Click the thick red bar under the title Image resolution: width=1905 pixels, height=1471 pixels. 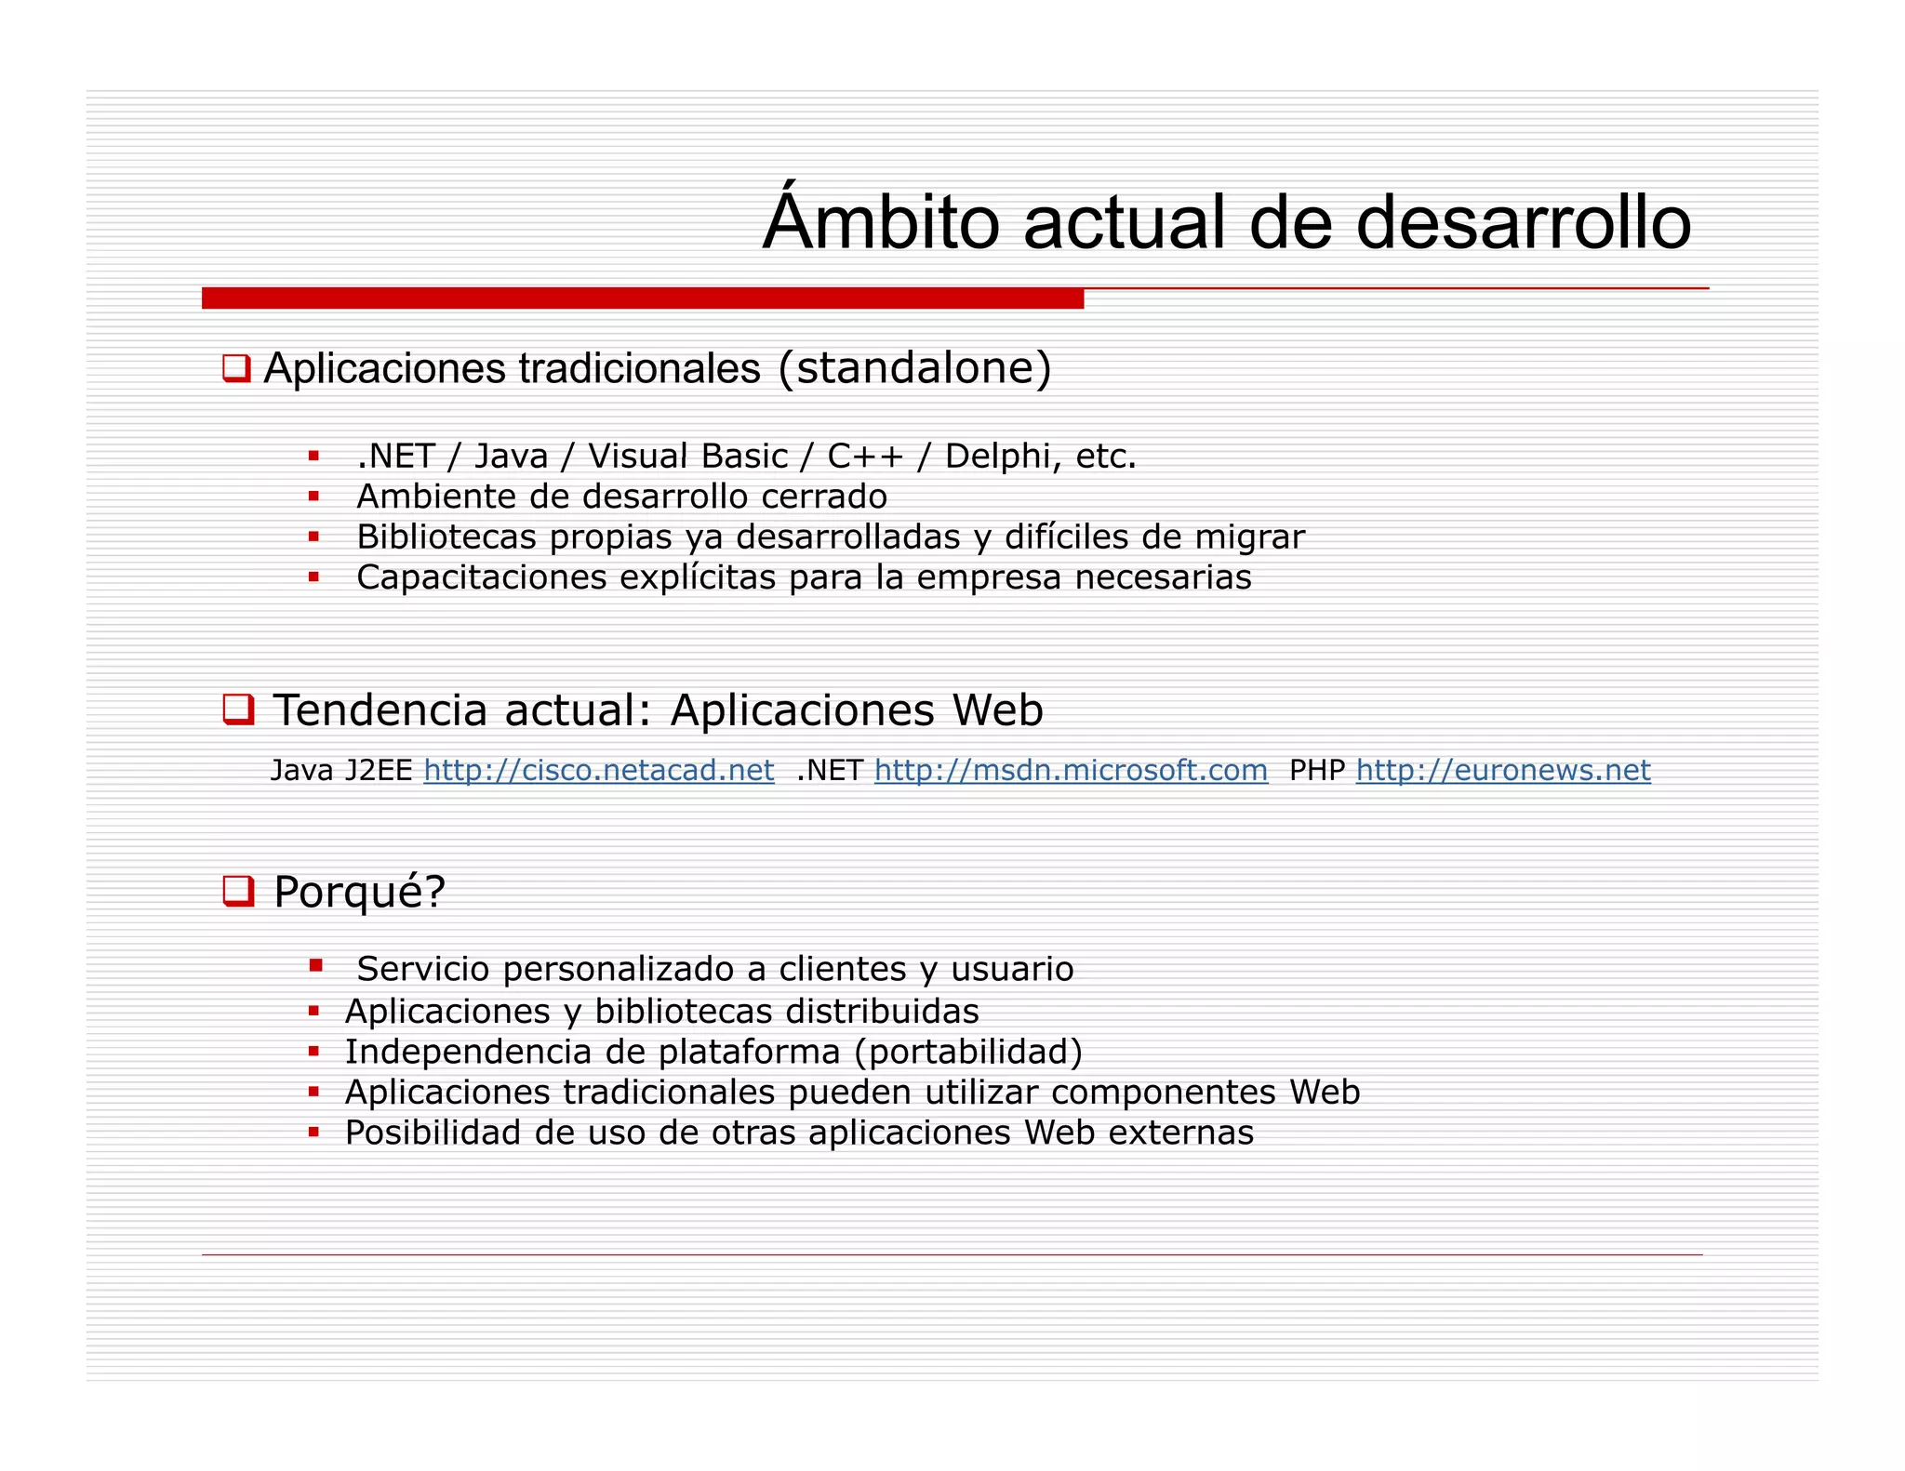tap(642, 298)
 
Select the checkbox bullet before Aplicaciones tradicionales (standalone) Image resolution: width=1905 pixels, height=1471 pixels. tap(236, 368)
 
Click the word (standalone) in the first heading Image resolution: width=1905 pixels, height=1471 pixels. tap(914, 368)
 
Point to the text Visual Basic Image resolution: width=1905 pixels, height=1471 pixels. tap(687, 457)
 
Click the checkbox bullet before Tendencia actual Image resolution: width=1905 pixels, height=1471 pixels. tap(238, 709)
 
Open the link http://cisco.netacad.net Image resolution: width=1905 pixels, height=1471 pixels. tap(599, 770)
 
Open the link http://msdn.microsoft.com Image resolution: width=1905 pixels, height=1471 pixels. tap(1071, 770)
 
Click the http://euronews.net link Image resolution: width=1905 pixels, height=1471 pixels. tap(1503, 770)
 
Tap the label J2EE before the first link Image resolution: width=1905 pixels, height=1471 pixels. tap(378, 770)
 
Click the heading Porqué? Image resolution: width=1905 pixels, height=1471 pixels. tap(359, 892)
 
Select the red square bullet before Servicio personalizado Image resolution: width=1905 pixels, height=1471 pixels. tap(316, 966)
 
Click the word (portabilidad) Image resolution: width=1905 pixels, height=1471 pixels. tap(968, 1052)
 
